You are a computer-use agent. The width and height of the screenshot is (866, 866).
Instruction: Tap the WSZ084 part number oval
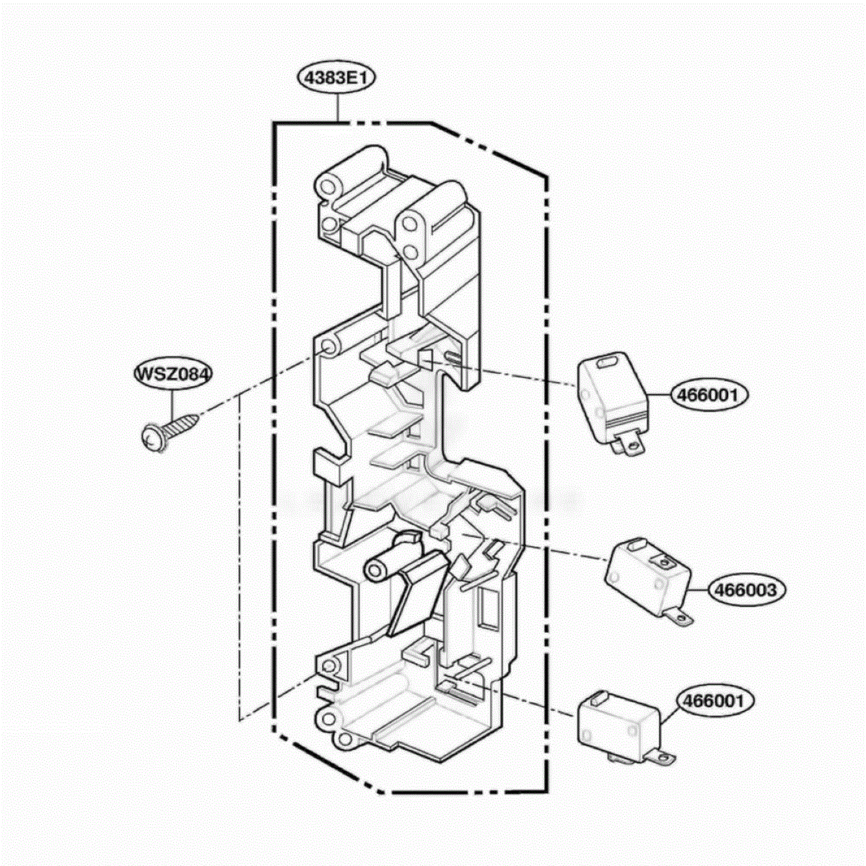tap(173, 374)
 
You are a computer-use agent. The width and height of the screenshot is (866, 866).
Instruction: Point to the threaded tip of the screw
tap(193, 419)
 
